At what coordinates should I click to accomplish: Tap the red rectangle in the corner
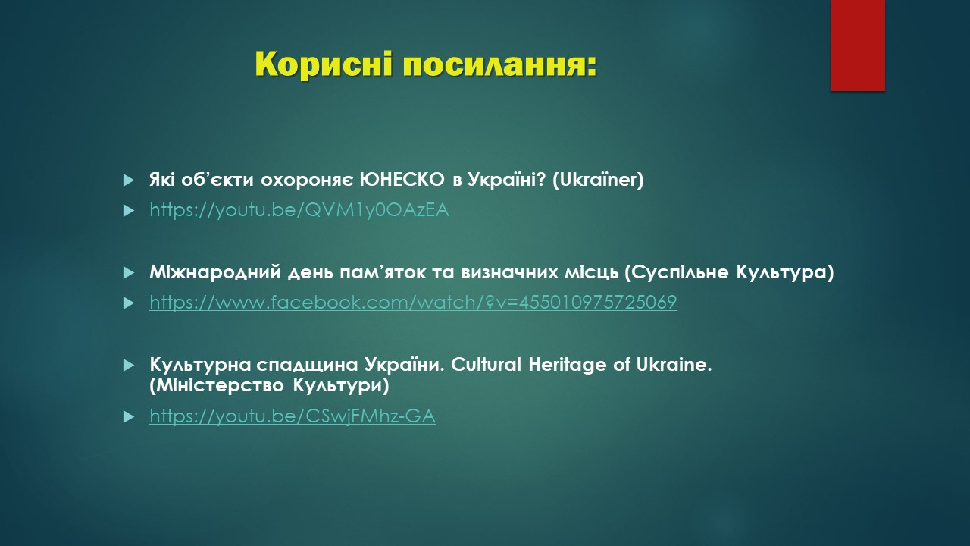pos(857,45)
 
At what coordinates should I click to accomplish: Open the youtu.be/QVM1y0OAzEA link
pos(299,210)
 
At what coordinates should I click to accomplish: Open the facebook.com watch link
pos(413,302)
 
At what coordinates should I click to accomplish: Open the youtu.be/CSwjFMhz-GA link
pos(293,416)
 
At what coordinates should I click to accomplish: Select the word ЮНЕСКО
pos(402,180)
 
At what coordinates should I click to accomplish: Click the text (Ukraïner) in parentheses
pos(598,180)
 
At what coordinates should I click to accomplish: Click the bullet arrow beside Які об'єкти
pos(129,180)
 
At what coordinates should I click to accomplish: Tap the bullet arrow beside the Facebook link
pos(129,303)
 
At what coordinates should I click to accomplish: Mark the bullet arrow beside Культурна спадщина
pos(129,366)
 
